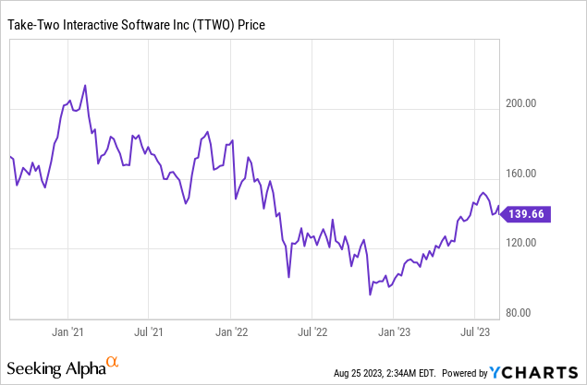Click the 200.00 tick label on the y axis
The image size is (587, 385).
tap(520, 103)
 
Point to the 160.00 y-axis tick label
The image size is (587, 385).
tap(520, 174)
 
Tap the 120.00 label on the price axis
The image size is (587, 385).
tap(520, 243)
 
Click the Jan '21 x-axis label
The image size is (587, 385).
tap(67, 331)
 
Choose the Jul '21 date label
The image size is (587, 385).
tap(149, 331)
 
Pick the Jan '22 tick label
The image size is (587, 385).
tap(231, 331)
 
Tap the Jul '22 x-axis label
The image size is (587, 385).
tap(312, 331)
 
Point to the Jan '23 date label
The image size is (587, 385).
tap(394, 331)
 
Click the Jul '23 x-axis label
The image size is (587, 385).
tap(475, 331)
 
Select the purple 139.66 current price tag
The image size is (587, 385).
tap(525, 214)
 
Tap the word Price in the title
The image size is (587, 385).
tap(251, 25)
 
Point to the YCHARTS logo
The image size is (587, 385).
tap(533, 373)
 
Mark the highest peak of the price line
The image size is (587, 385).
tap(85, 86)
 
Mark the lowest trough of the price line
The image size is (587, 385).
tap(370, 295)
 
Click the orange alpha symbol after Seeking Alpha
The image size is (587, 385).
tap(112, 361)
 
